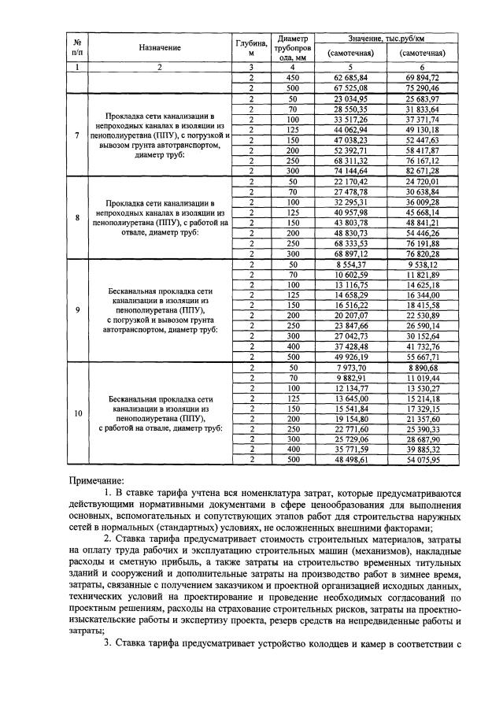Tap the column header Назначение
pyautogui.click(x=160, y=47)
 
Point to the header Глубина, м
pyautogui.click(x=251, y=47)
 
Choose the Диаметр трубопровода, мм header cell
pyautogui.click(x=291, y=47)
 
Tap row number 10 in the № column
pyautogui.click(x=77, y=413)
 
